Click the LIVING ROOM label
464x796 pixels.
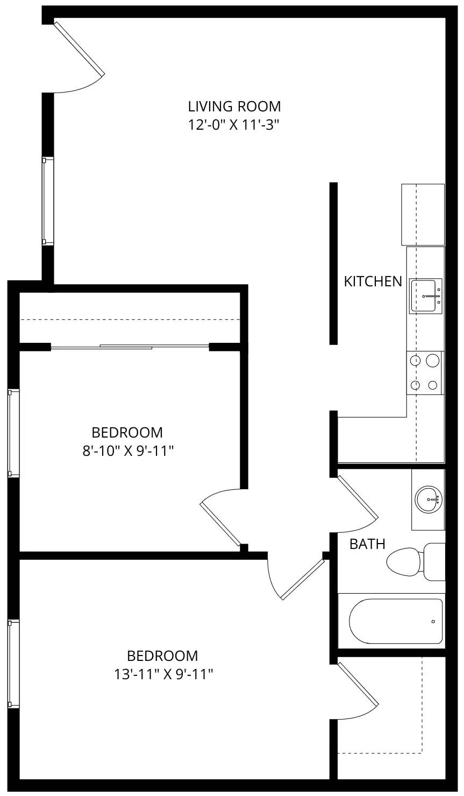(234, 106)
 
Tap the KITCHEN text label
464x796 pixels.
(373, 281)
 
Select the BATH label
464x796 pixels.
(367, 544)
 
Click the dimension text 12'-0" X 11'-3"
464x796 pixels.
(234, 125)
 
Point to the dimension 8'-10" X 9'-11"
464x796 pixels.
(127, 450)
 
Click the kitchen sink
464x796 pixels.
(426, 295)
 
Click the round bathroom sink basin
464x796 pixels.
(429, 499)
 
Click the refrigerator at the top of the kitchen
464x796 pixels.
(423, 214)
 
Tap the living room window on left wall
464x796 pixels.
(48, 201)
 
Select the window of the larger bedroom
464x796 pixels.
(13, 663)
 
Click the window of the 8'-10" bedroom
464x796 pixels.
(13, 433)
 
